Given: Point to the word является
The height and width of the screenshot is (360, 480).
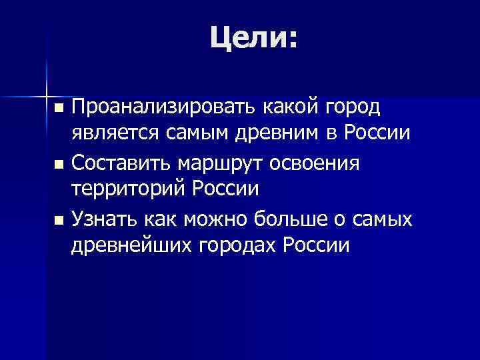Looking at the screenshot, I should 114,135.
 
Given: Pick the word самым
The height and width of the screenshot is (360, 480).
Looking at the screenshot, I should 203,135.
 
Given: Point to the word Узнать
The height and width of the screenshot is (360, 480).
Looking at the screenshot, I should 105,217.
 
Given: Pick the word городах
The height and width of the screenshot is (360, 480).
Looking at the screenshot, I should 239,247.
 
